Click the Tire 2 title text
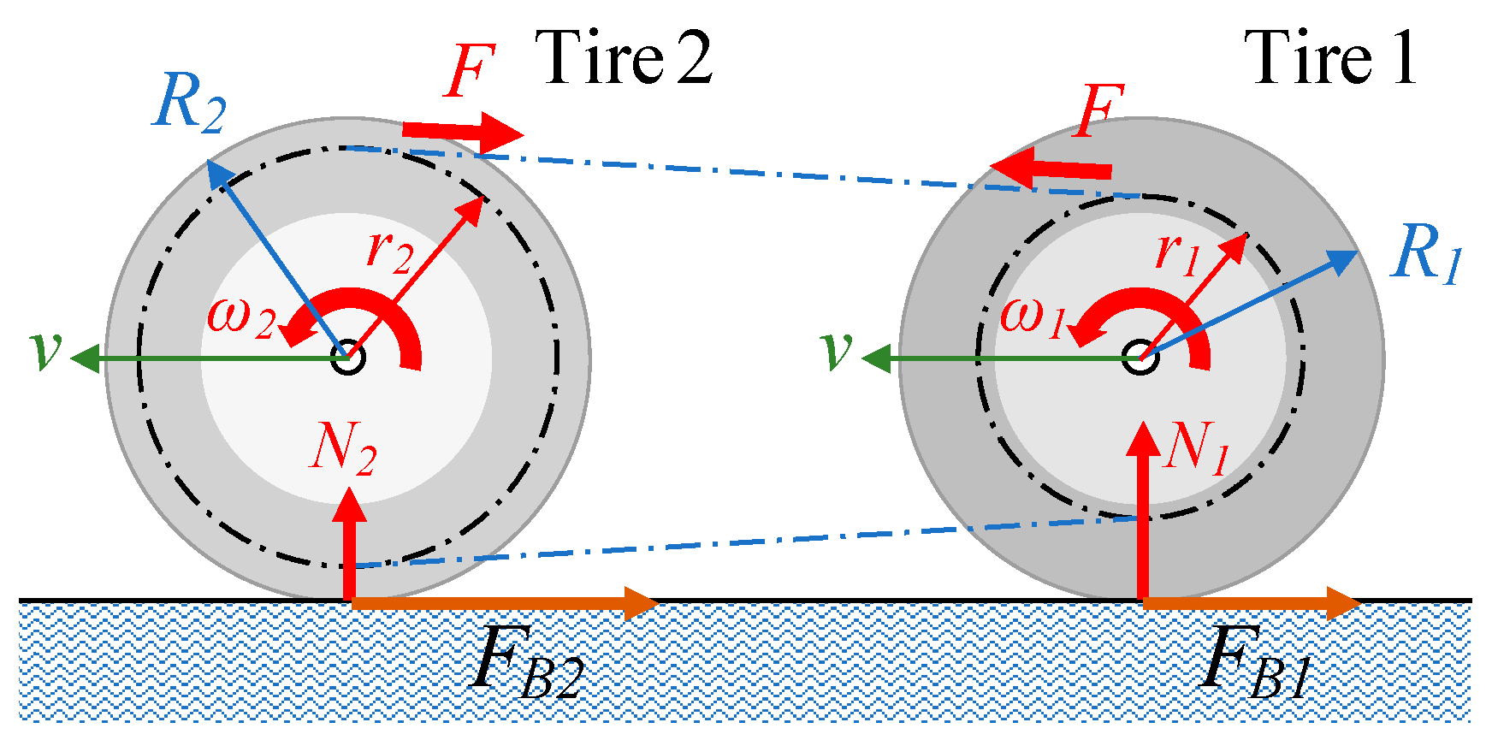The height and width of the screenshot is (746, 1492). pos(627,58)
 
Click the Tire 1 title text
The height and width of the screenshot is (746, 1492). pos(1331,58)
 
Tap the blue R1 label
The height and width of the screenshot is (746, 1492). pos(1426,254)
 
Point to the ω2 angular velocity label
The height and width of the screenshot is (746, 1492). pos(242,317)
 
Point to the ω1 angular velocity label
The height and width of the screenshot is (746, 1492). pos(1033,317)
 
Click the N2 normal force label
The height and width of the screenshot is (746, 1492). pos(342,447)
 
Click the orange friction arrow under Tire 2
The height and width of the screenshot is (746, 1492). pos(505,604)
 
